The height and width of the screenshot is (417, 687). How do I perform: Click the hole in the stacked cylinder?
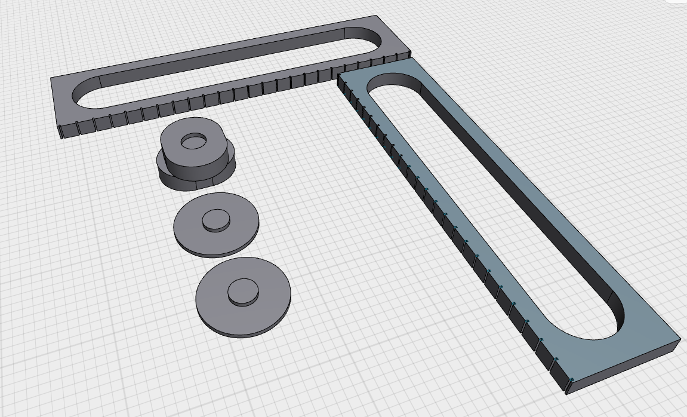pos(193,142)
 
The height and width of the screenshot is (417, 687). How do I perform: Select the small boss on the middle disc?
pos(215,220)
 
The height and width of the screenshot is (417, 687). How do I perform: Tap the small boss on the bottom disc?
pos(244,292)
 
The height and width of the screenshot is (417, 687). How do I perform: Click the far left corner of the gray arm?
pos(52,79)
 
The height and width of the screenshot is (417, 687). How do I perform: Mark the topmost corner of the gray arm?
pos(375,17)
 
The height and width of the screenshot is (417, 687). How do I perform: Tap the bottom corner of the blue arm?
pos(566,392)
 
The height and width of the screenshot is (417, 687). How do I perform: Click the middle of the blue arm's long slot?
pos(495,203)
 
